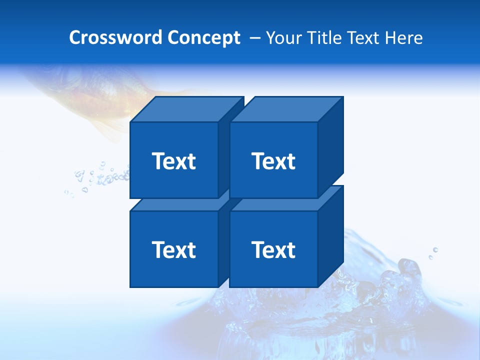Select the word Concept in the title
coord(203,37)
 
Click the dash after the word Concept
coord(254,38)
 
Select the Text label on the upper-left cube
coord(173,161)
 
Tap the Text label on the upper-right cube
coord(273,161)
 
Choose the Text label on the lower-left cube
coord(173,249)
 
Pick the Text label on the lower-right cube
coord(273,249)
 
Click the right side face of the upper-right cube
coord(330,147)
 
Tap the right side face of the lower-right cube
coord(330,236)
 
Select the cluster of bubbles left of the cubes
coord(100,177)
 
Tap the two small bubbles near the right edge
coord(433,253)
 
